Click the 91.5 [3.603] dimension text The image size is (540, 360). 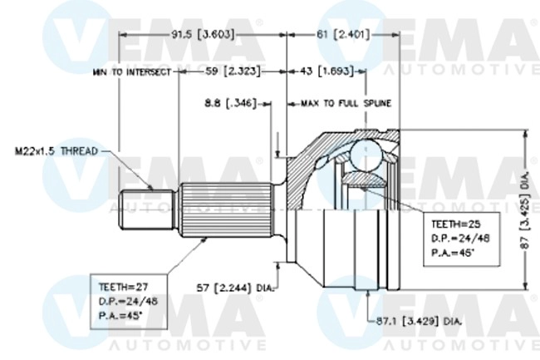coord(203,35)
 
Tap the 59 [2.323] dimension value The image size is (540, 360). coord(233,72)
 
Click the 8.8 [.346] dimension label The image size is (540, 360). coord(228,103)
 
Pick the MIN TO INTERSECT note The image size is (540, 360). coord(132,72)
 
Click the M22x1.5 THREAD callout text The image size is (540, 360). coord(56,151)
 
